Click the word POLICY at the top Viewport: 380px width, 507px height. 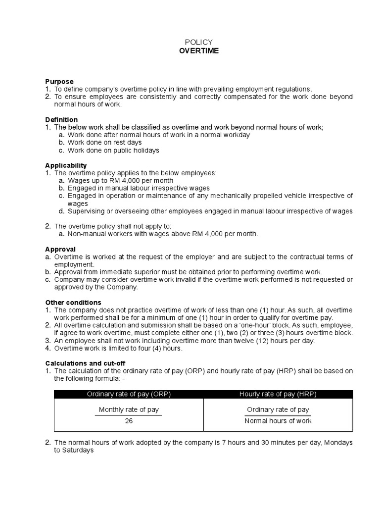[198, 43]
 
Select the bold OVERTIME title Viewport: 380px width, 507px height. [198, 51]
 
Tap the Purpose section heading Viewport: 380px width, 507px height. [59, 81]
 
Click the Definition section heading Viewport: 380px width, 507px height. [61, 120]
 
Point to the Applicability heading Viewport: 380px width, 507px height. [66, 165]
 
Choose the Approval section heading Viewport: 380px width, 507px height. [60, 249]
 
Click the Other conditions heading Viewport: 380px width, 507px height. [73, 303]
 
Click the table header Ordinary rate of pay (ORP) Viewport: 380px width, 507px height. [129, 394]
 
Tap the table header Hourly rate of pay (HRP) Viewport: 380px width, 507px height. [278, 394]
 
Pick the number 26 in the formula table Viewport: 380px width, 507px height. [129, 421]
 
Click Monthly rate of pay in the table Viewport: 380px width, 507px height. [129, 409]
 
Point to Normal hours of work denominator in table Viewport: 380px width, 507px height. [278, 421]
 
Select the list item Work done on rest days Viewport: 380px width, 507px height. [104, 143]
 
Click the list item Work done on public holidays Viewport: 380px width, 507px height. [113, 151]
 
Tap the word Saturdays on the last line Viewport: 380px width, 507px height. [78, 451]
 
